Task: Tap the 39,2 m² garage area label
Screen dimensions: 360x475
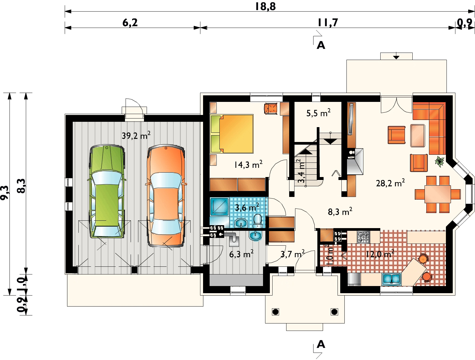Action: pos(136,136)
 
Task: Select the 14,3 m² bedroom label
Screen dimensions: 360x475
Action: pos(248,165)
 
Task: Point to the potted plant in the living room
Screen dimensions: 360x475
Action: pos(439,161)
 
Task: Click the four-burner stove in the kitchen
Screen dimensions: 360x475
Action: pos(363,237)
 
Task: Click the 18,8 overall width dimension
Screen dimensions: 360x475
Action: pos(265,6)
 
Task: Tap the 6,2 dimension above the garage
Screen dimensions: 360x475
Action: pos(130,23)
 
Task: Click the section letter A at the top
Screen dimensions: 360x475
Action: pos(321,45)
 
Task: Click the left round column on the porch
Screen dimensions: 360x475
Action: pos(275,312)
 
